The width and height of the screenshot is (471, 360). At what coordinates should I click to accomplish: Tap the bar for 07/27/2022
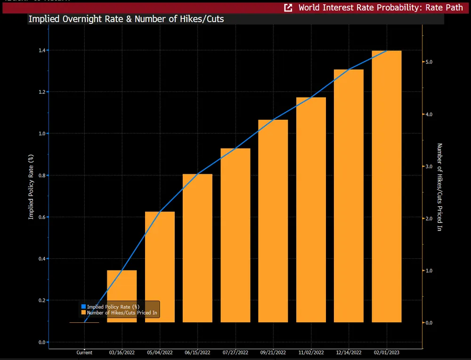click(235, 235)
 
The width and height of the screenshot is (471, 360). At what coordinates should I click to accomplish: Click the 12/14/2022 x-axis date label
click(349, 352)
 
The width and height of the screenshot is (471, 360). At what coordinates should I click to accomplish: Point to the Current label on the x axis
click(84, 352)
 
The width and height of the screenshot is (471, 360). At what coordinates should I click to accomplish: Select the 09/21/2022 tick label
click(273, 352)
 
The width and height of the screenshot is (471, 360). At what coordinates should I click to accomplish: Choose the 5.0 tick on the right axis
click(429, 62)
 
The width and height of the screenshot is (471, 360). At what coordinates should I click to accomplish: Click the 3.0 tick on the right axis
click(429, 166)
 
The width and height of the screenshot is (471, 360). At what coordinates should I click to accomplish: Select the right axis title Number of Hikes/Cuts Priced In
click(439, 187)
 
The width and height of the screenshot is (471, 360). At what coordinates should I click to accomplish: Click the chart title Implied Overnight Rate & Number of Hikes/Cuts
click(126, 19)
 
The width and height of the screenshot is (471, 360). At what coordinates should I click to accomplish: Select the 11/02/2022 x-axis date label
click(311, 352)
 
